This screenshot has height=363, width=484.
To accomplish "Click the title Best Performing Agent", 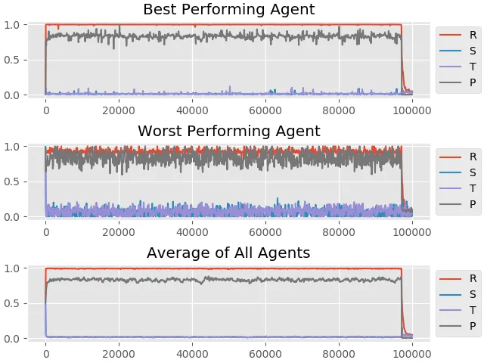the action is click(228, 9).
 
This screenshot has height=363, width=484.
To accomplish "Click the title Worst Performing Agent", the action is click(228, 131).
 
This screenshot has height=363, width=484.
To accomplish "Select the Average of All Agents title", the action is click(228, 253).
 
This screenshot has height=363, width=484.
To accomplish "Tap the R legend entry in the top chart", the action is click(458, 35).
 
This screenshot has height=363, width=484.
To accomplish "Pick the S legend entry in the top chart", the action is click(458, 51).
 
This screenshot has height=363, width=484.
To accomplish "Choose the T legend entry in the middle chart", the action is click(458, 188).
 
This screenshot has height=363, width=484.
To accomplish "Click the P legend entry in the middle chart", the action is click(458, 204).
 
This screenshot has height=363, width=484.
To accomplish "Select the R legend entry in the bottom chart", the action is click(458, 278).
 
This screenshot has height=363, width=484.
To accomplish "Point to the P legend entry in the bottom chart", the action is click(458, 326).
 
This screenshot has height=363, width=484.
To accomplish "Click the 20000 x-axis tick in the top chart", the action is click(119, 110).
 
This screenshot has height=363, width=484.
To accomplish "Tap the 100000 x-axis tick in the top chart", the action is click(412, 110).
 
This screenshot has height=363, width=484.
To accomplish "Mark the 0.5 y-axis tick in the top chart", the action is click(12, 60).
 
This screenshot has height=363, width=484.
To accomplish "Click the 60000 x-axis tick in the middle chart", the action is click(265, 232).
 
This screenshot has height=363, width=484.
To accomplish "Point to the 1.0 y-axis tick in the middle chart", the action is click(12, 147).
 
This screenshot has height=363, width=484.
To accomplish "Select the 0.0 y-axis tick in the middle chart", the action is click(12, 217).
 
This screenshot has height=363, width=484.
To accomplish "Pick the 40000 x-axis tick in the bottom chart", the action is click(192, 354).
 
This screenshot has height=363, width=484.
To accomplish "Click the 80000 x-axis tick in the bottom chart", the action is click(339, 354).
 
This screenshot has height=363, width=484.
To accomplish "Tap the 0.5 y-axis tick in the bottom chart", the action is click(12, 303).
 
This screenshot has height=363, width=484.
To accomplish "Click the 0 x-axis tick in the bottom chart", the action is click(46, 354).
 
